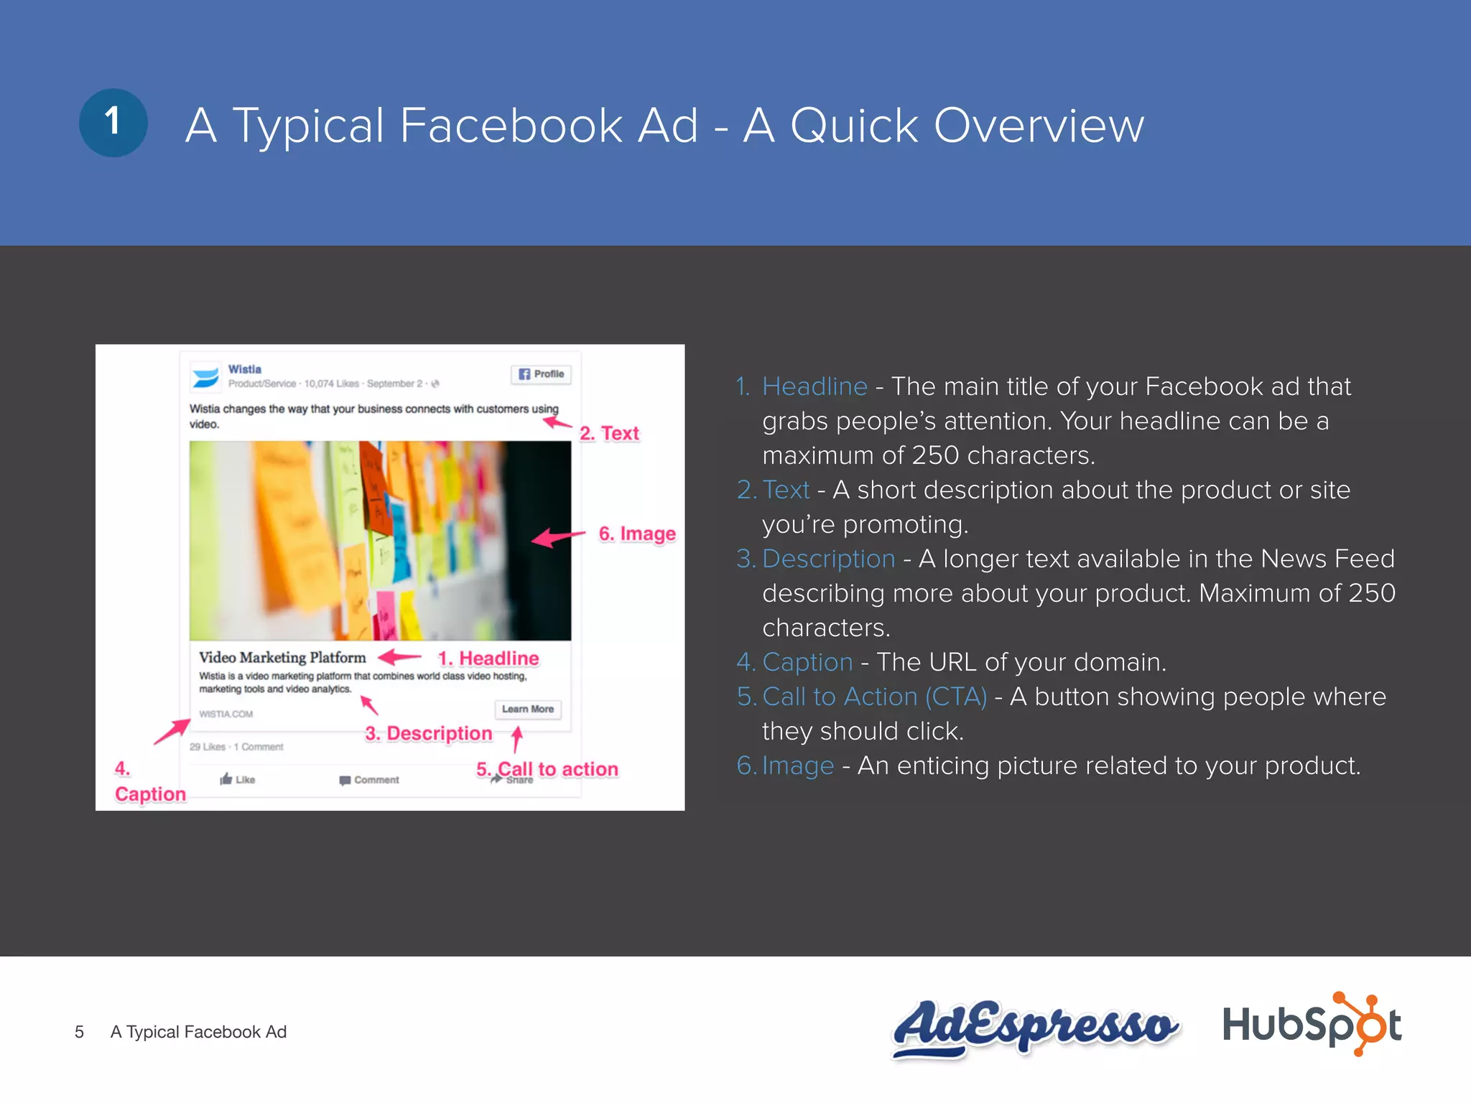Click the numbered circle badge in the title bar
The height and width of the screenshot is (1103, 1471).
[113, 123]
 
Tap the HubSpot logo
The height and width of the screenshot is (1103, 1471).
[1312, 1024]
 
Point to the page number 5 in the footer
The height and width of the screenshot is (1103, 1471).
[79, 1032]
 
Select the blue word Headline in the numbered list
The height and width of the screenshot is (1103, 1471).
[815, 386]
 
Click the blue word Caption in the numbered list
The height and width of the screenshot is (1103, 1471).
[807, 662]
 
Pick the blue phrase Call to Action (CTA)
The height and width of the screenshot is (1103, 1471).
[874, 697]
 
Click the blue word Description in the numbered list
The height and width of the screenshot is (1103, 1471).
[828, 559]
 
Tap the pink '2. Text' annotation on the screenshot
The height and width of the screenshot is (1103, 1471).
[609, 433]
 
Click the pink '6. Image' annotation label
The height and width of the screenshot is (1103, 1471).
[637, 534]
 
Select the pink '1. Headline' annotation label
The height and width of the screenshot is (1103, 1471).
[488, 658]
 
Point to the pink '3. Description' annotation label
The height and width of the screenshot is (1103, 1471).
[429, 733]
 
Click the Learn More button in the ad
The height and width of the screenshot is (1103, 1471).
[528, 709]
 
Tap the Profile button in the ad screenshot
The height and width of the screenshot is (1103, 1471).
[542, 374]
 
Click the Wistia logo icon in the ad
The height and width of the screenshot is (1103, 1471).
[205, 377]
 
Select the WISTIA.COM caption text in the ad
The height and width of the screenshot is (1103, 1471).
[226, 714]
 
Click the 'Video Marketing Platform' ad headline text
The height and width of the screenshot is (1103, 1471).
[282, 657]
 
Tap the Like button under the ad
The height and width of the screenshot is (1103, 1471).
[238, 779]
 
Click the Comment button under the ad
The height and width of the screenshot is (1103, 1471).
[369, 780]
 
